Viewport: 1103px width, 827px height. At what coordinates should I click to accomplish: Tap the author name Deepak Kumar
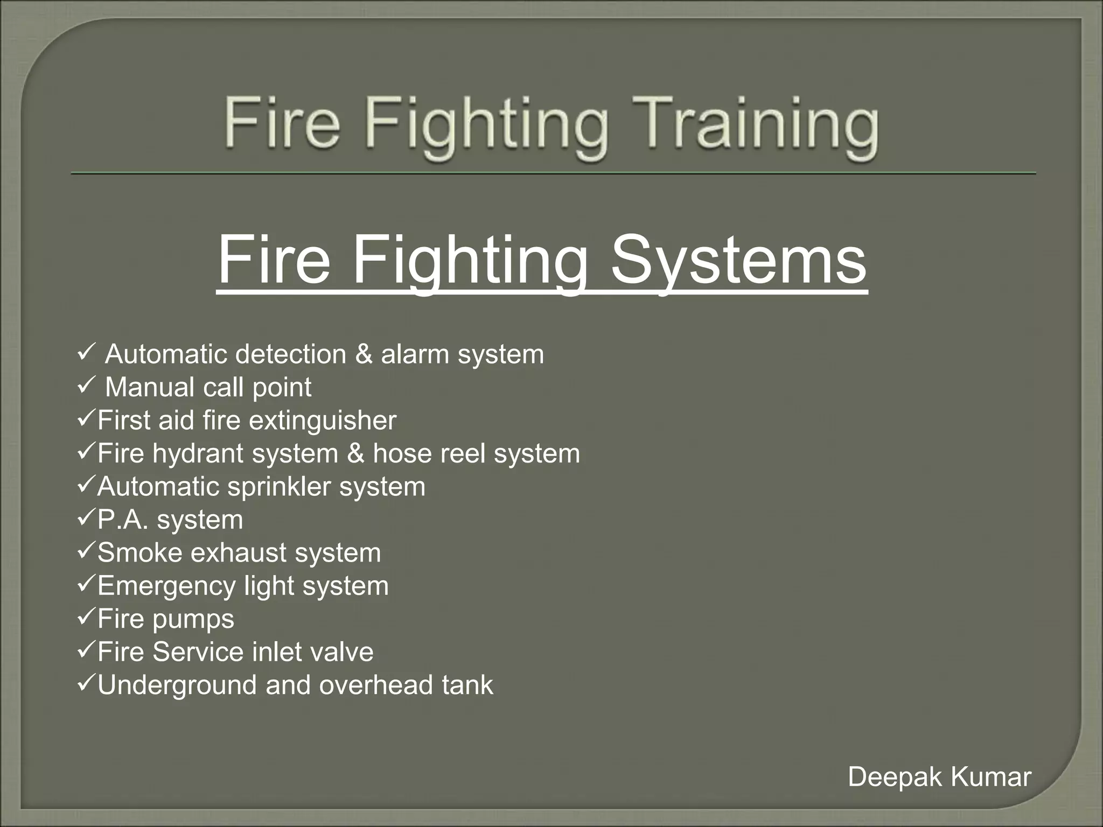coord(939,777)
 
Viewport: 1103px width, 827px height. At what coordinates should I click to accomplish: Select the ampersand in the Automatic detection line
coord(364,354)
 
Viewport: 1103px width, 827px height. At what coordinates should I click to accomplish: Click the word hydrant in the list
coord(198,453)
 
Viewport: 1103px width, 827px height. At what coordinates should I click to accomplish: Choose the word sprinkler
coord(279,487)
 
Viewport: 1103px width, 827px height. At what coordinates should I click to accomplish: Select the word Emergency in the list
coord(167,586)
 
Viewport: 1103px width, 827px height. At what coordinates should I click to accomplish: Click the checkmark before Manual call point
coord(87,386)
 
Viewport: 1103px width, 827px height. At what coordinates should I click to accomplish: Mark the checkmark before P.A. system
coord(87,518)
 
